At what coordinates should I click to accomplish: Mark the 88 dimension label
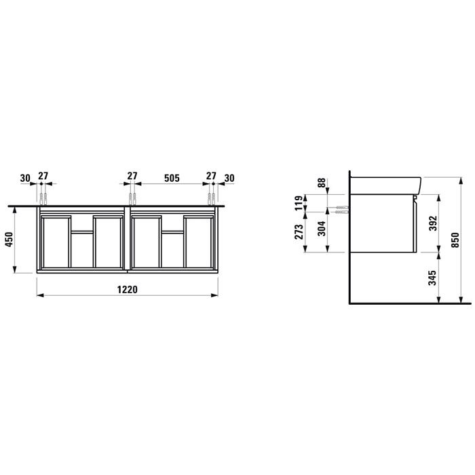coord(321,185)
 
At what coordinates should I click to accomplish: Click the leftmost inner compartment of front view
coord(56,242)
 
